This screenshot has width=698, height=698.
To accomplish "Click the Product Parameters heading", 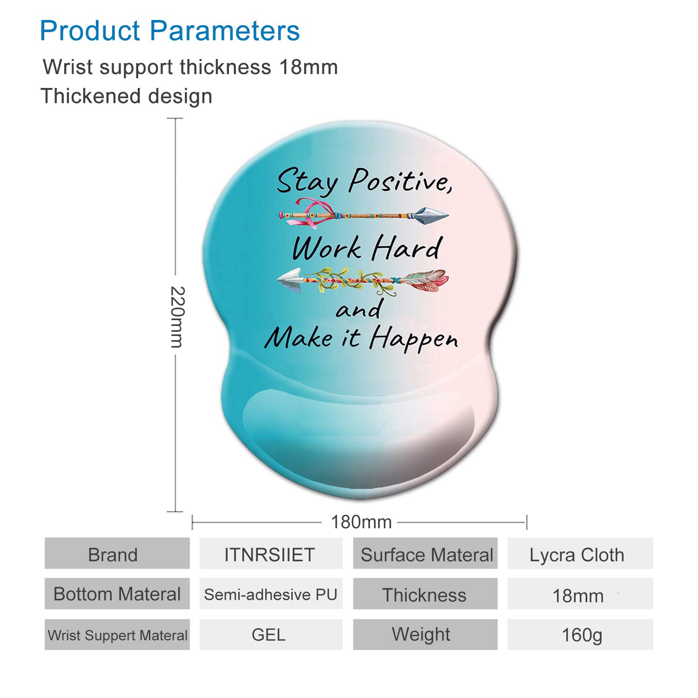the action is [x=170, y=31].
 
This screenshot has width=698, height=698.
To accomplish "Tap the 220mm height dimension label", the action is [x=177, y=317].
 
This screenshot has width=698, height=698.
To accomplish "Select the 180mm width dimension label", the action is [x=361, y=522].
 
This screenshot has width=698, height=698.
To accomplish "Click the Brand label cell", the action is [x=117, y=553].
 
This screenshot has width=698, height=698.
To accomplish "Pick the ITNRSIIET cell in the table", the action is [x=271, y=553].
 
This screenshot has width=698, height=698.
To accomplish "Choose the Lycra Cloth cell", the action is [x=580, y=553].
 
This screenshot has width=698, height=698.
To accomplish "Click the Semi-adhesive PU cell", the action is [x=271, y=594].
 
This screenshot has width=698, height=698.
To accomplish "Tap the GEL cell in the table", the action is [x=271, y=634].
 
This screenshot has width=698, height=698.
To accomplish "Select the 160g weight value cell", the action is [x=580, y=634].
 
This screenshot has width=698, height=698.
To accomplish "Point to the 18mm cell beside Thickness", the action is [x=580, y=594].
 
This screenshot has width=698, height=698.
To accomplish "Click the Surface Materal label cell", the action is [x=425, y=553].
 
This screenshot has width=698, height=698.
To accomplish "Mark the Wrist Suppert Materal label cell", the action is [x=117, y=634].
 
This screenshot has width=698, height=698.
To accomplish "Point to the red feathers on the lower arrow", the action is [x=424, y=280].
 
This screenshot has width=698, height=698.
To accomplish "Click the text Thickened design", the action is [x=127, y=96].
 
